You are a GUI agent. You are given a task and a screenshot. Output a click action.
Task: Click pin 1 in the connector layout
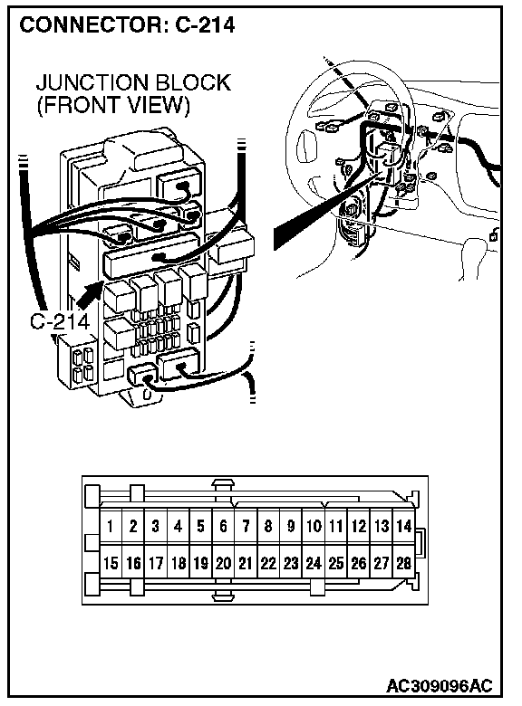[111, 526]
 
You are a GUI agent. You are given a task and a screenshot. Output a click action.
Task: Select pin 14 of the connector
[404, 526]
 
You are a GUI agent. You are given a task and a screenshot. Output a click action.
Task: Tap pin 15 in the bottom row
[111, 563]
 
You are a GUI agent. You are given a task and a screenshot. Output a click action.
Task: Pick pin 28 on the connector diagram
[404, 563]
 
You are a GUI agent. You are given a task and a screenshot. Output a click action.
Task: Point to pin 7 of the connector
[246, 526]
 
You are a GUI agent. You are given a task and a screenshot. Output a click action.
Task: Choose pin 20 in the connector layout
[224, 563]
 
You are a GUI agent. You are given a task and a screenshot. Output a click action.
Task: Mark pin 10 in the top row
[314, 526]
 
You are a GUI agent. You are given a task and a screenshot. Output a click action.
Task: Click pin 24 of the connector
[314, 563]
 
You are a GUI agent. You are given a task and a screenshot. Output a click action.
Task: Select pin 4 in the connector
[179, 526]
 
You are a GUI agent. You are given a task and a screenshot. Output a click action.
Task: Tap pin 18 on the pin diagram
[179, 563]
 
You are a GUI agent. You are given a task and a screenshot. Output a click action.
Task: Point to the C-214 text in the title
[205, 24]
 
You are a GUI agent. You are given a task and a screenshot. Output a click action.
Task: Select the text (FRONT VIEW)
[113, 105]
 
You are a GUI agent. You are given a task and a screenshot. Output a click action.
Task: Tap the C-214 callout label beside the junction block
[60, 321]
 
